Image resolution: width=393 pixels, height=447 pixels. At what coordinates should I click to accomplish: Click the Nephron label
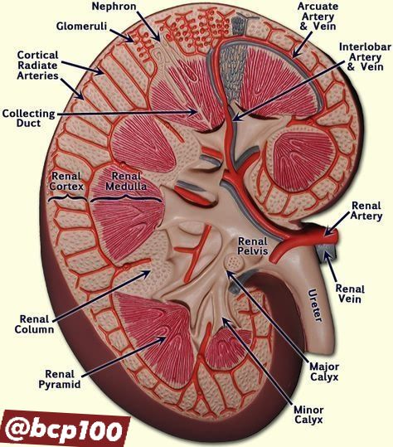coord(114,7)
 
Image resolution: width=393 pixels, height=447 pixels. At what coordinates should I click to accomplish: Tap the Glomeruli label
coord(81,26)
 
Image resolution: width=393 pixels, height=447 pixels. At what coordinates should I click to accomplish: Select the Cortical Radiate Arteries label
coord(37,66)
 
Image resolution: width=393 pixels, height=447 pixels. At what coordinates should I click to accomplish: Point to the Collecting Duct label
coord(28,119)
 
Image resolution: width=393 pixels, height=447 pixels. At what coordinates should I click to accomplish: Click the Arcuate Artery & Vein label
coord(318,17)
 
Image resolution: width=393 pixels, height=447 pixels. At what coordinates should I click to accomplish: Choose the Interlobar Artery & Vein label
coord(366,56)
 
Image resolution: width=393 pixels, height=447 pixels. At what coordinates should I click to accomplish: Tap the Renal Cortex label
coord(66,181)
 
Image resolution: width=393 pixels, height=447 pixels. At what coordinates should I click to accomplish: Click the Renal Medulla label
coord(126,181)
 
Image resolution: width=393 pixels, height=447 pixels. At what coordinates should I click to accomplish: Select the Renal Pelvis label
coord(253,245)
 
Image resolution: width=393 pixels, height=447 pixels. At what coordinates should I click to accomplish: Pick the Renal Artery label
coord(366,211)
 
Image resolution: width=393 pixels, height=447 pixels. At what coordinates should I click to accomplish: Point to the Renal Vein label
coord(350,294)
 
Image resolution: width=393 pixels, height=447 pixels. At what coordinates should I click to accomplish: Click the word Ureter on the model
coord(316,305)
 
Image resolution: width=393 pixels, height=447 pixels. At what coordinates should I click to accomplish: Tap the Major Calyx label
coord(324,372)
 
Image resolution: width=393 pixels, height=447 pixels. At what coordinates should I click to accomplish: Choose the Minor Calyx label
coord(308,415)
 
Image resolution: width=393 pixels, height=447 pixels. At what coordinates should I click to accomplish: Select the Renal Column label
coord(34,324)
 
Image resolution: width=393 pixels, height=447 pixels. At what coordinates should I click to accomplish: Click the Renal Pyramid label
coord(60,379)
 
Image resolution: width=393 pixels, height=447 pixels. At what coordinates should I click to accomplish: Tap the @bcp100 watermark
coord(65,429)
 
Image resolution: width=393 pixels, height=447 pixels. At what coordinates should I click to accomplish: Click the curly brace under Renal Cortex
coord(68,197)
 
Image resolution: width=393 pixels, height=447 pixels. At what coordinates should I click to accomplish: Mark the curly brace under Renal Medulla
coord(126,197)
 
